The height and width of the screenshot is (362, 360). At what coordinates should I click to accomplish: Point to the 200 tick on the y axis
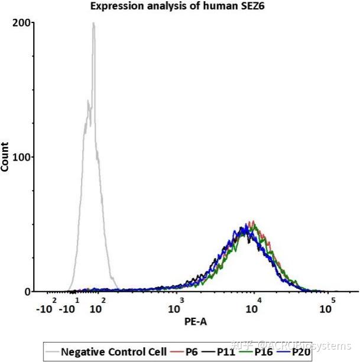pyautogui.click(x=23, y=23)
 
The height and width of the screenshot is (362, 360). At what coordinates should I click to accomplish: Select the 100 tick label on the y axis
pyautogui.click(x=23, y=157)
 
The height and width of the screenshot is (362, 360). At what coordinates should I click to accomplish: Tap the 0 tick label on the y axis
pyautogui.click(x=27, y=292)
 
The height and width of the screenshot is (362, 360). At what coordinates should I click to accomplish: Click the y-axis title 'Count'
pyautogui.click(x=5, y=156)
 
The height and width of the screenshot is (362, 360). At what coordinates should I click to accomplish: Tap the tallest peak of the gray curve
pyautogui.click(x=93, y=24)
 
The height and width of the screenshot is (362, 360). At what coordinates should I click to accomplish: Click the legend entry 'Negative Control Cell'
pyautogui.click(x=111, y=352)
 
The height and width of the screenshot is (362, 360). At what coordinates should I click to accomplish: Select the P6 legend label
pyautogui.click(x=192, y=352)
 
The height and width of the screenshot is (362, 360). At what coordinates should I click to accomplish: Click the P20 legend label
pyautogui.click(x=301, y=352)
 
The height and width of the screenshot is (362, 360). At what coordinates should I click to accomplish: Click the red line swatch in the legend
pyautogui.click(x=174, y=353)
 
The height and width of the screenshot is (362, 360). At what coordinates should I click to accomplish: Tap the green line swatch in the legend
pyautogui.click(x=248, y=353)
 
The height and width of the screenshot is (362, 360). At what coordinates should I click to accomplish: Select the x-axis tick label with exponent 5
pyautogui.click(x=327, y=306)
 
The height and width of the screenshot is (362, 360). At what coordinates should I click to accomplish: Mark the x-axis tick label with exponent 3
pyautogui.click(x=176, y=306)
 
